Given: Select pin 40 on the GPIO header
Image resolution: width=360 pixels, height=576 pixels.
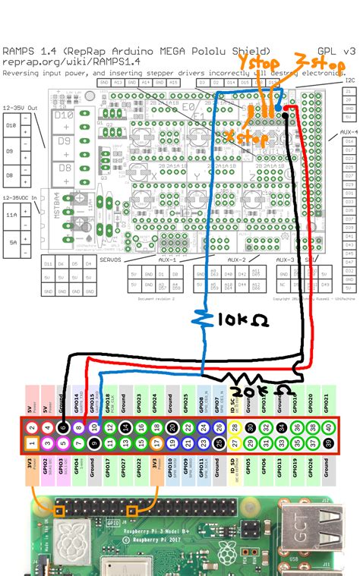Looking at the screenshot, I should pos(328,427).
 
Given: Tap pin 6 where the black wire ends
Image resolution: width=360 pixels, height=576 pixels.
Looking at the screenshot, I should pos(63,427).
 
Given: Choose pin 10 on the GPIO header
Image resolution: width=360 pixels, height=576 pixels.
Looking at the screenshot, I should pos(94,427).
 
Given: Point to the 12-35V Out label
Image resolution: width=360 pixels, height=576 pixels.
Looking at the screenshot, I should pos(21,107).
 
